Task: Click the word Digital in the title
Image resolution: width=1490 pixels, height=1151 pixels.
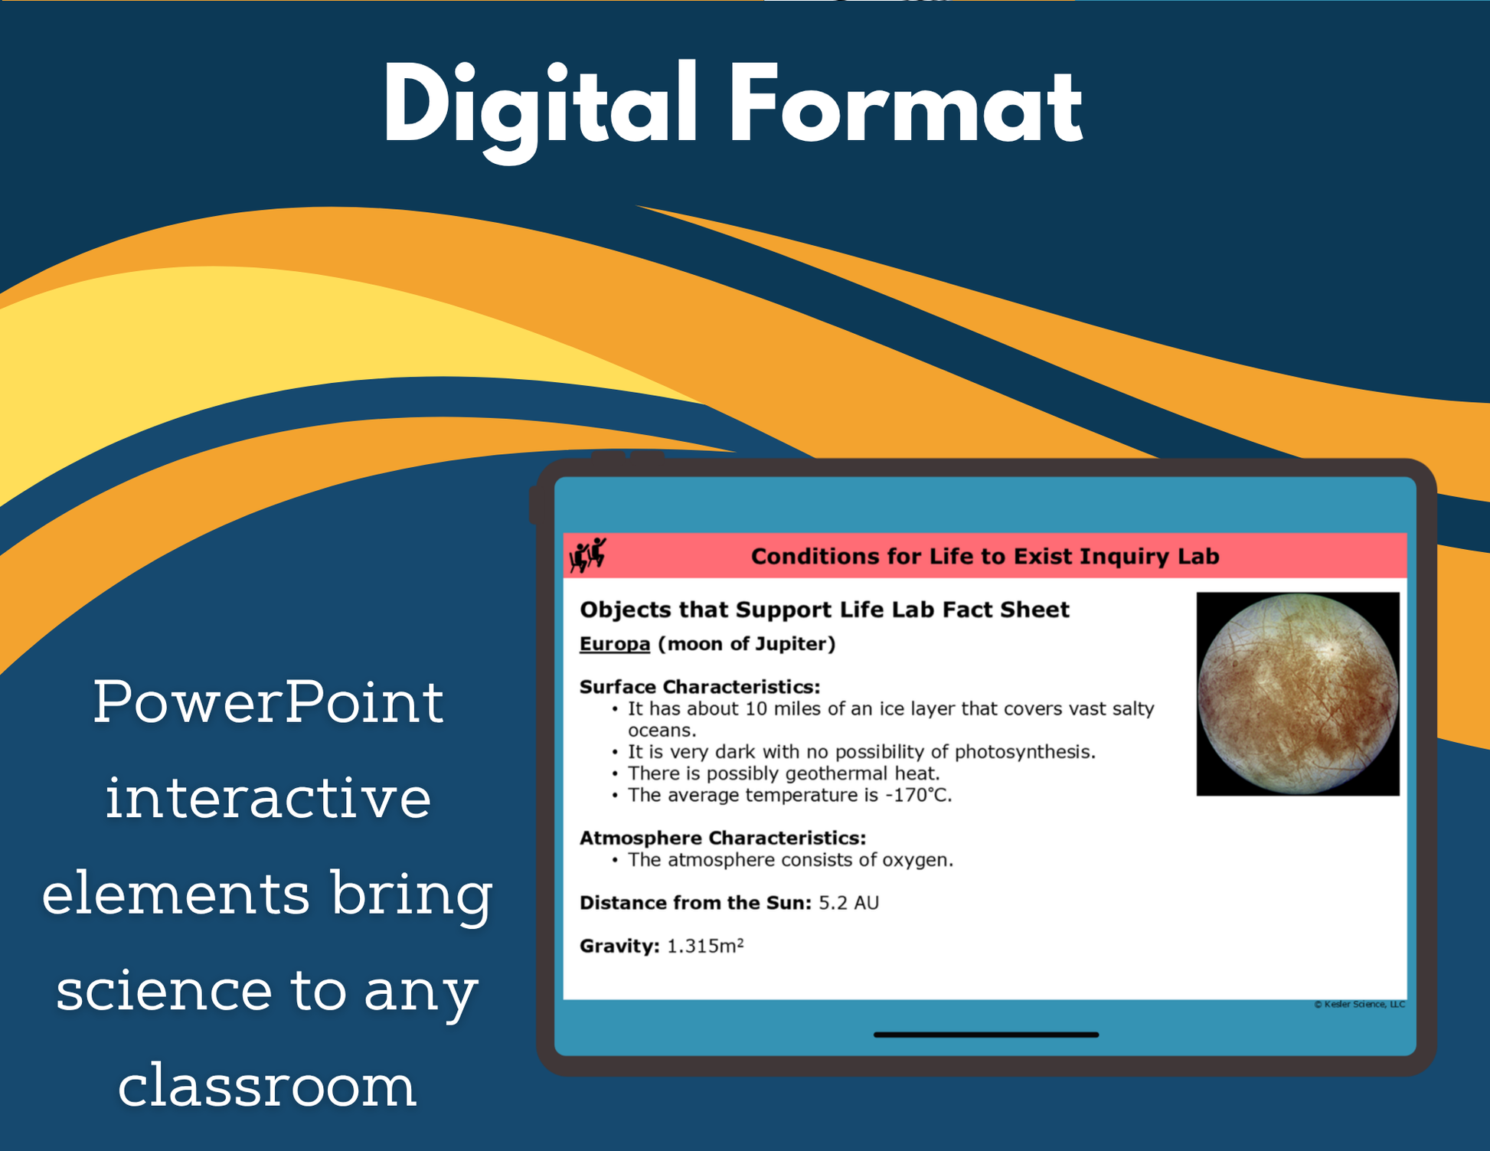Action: pos(540,108)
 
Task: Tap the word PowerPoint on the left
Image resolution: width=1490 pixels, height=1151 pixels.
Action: pos(269,701)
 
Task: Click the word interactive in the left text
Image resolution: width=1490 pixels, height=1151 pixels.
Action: pos(268,797)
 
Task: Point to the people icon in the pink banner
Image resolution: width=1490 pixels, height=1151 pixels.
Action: pos(587,555)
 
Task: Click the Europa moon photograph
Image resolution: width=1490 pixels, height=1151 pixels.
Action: pos(1298,694)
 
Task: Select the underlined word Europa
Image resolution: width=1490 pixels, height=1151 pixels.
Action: pos(614,644)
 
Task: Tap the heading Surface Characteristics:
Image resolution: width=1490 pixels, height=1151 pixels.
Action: pos(700,686)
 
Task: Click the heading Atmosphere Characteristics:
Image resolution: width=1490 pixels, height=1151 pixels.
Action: pos(723,838)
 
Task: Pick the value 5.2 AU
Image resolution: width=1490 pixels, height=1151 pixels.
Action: pos(848,903)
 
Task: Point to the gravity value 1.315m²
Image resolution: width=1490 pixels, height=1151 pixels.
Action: pos(705,946)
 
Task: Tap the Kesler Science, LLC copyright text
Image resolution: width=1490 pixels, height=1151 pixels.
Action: pos(1360,1005)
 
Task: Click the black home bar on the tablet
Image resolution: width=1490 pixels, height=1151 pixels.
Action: pos(986,1035)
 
